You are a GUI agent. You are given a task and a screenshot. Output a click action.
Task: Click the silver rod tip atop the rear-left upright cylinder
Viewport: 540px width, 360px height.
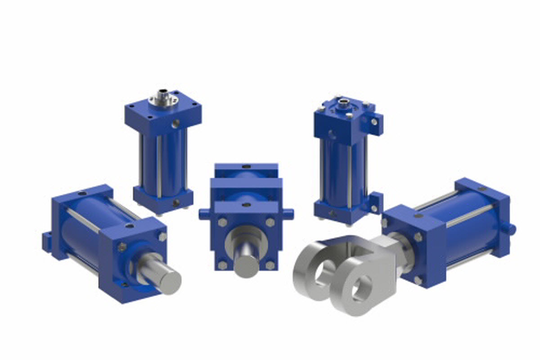pyautogui.click(x=161, y=95)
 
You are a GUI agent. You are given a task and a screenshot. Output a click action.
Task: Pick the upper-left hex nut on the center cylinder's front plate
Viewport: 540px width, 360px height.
pyautogui.click(x=222, y=222)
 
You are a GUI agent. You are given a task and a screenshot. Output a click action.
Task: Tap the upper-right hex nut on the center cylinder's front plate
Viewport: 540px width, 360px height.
pyautogui.click(x=270, y=222)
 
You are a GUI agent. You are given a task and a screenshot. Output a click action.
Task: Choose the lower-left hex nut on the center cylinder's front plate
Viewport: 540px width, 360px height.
pyautogui.click(x=222, y=265)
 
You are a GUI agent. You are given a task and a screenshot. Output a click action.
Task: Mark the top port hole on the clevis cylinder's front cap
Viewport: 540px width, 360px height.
pyautogui.click(x=418, y=216)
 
